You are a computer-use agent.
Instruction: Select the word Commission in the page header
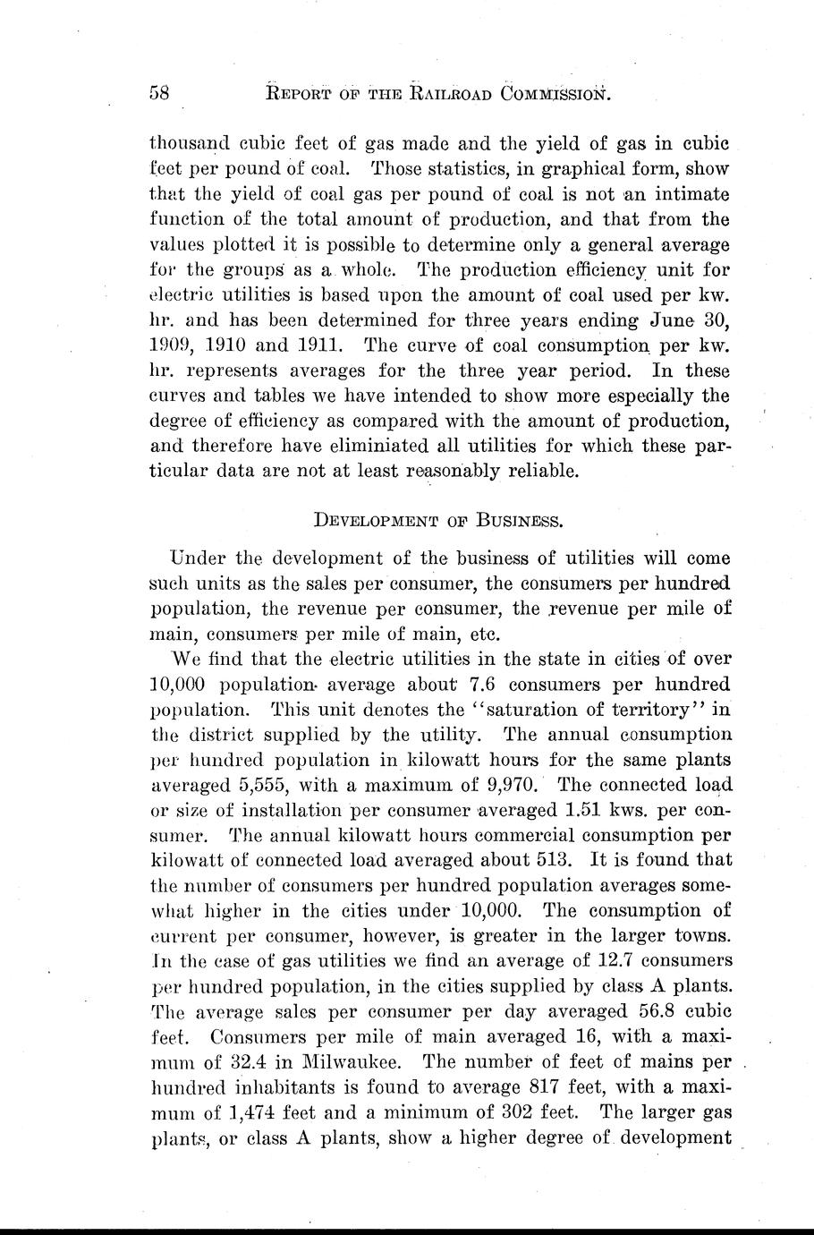(555, 92)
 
